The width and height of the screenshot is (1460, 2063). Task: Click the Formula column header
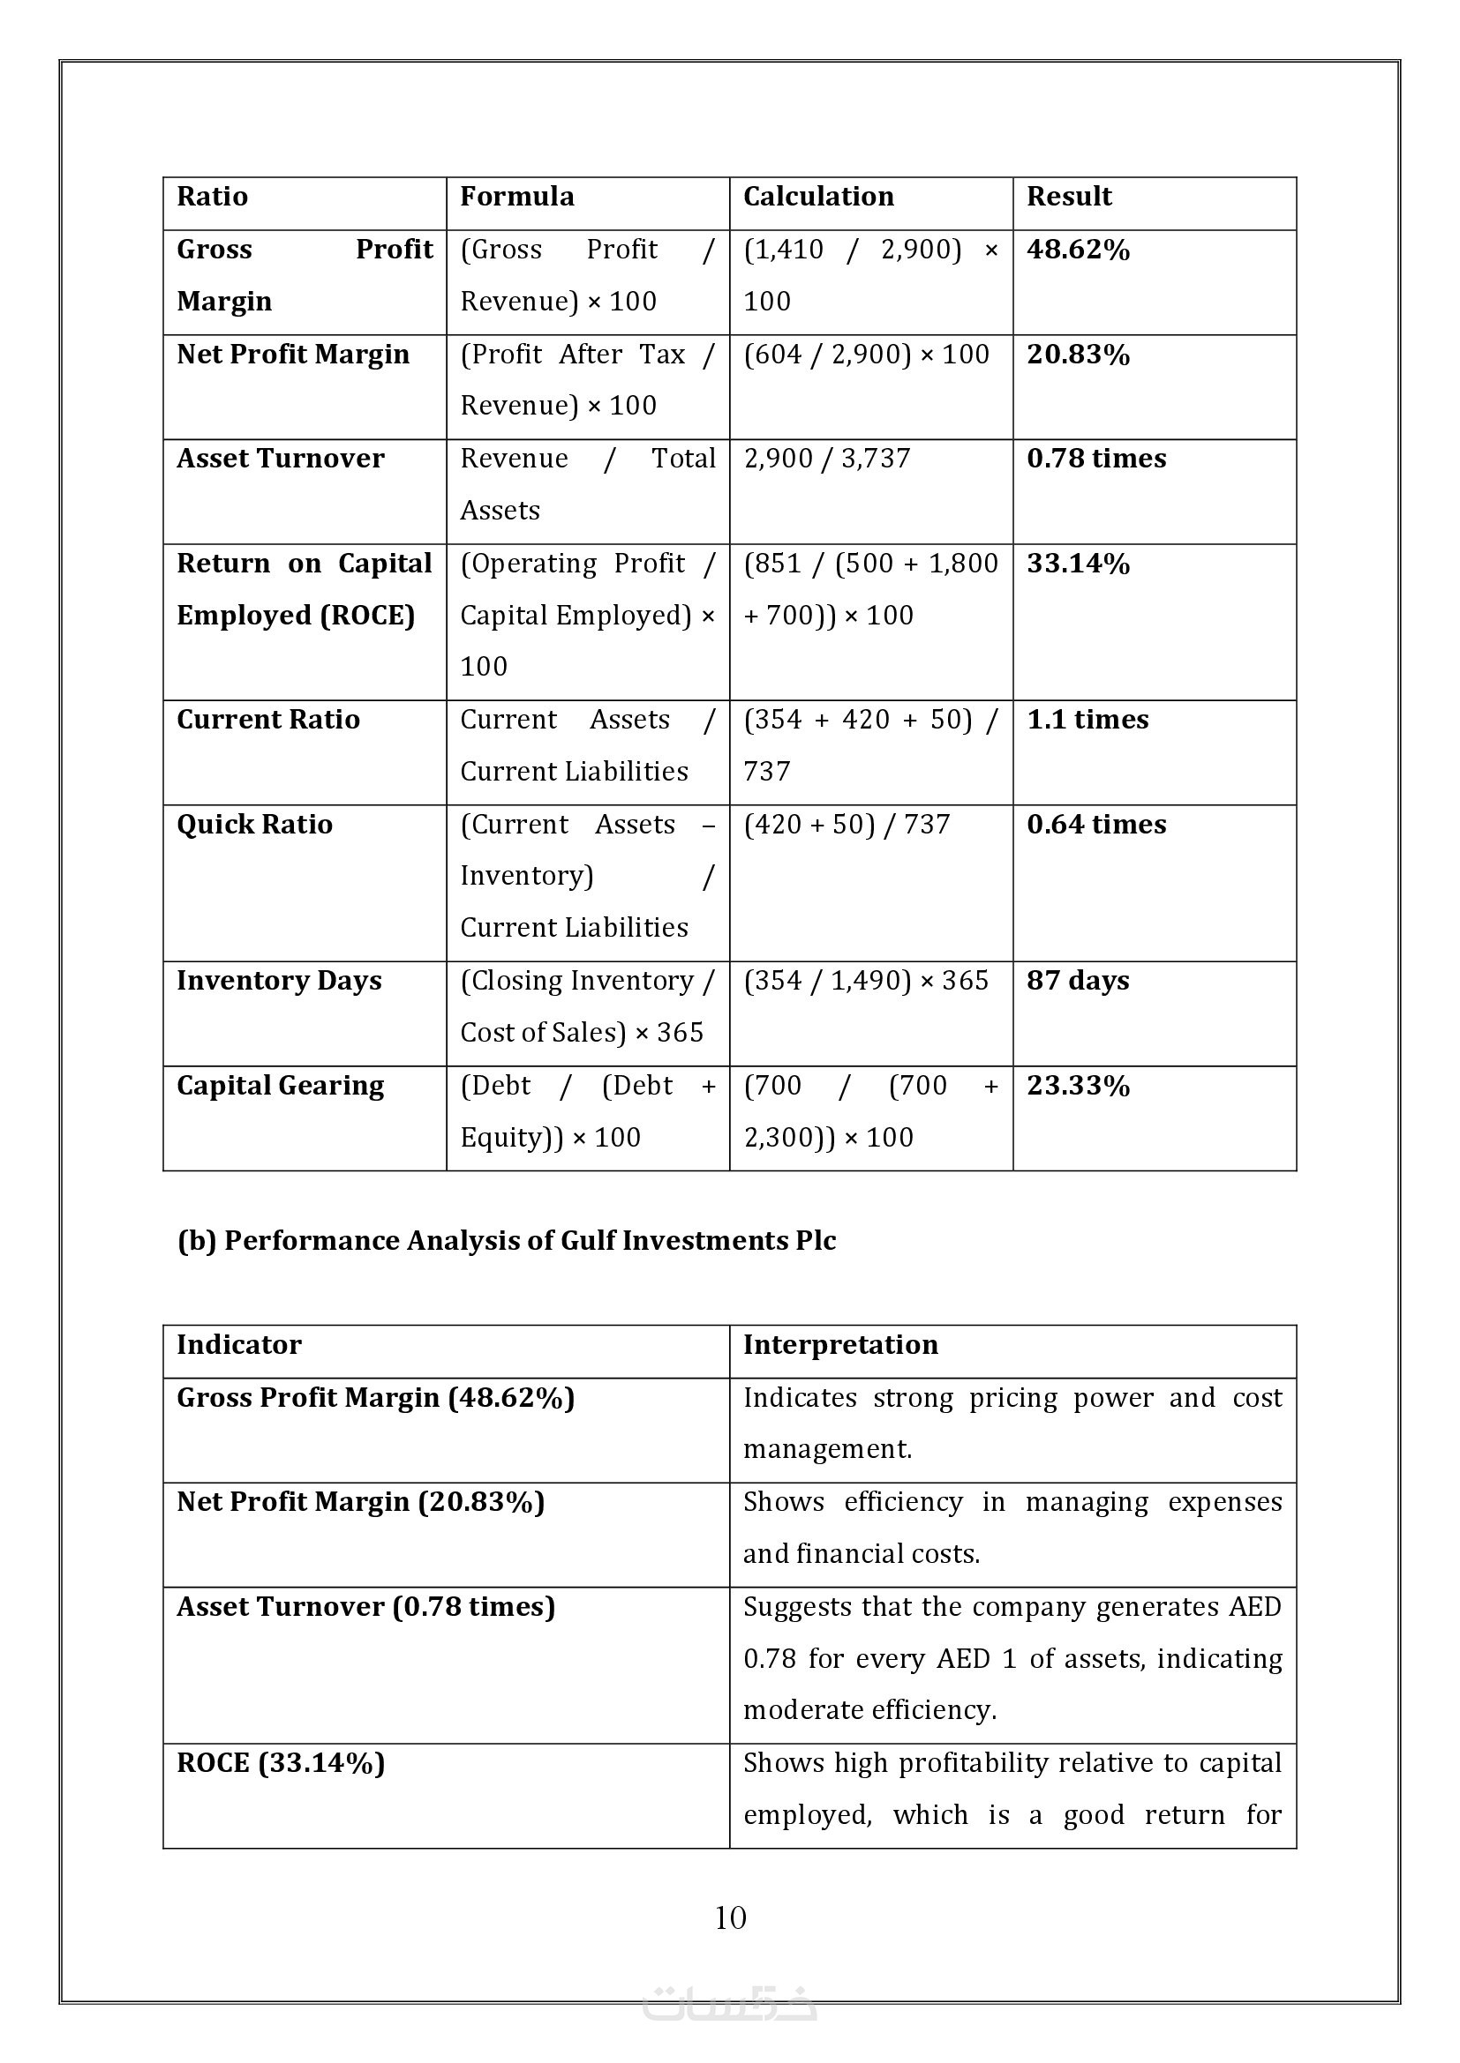517,197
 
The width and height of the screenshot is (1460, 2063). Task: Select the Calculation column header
818,197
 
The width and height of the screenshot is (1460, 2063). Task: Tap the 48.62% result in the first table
1078,250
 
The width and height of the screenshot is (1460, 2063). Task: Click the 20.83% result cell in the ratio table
1078,355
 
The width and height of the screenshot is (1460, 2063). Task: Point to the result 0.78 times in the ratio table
1096,460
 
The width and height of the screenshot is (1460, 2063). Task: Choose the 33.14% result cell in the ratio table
1078,564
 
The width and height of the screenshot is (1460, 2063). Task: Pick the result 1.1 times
1087,720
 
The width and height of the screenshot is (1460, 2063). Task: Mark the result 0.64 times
1096,825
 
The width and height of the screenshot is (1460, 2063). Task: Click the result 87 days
1078,980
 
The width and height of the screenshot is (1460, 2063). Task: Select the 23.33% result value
1078,1087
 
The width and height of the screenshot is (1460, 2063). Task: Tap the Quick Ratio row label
254,825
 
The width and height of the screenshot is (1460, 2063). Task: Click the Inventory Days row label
279,980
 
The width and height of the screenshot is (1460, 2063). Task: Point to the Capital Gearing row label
280,1087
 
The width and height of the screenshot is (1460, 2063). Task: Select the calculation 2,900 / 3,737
826,460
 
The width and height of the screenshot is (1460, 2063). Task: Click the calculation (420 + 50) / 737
846,825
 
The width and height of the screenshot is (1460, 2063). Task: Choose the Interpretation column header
840,1345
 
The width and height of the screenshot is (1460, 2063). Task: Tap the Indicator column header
239,1345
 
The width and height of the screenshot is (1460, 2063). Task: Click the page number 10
730,1918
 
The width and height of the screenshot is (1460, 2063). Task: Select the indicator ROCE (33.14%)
281,1763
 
